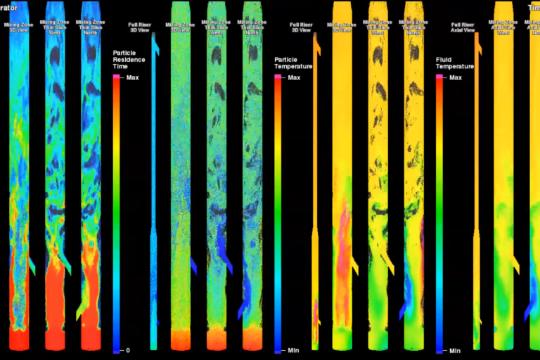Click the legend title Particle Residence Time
(129, 60)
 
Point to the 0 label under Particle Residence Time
(128, 350)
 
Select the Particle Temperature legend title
(291, 63)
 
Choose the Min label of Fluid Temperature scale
(454, 350)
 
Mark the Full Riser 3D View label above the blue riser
(139, 27)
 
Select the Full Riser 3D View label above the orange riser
(301, 27)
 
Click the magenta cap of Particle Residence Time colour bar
(117, 76)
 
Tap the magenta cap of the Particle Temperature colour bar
(279, 76)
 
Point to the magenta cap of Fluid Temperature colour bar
(439, 76)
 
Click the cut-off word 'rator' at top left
(8, 8)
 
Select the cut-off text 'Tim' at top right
(534, 8)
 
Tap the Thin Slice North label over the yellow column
(413, 27)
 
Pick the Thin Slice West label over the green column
(217, 27)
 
